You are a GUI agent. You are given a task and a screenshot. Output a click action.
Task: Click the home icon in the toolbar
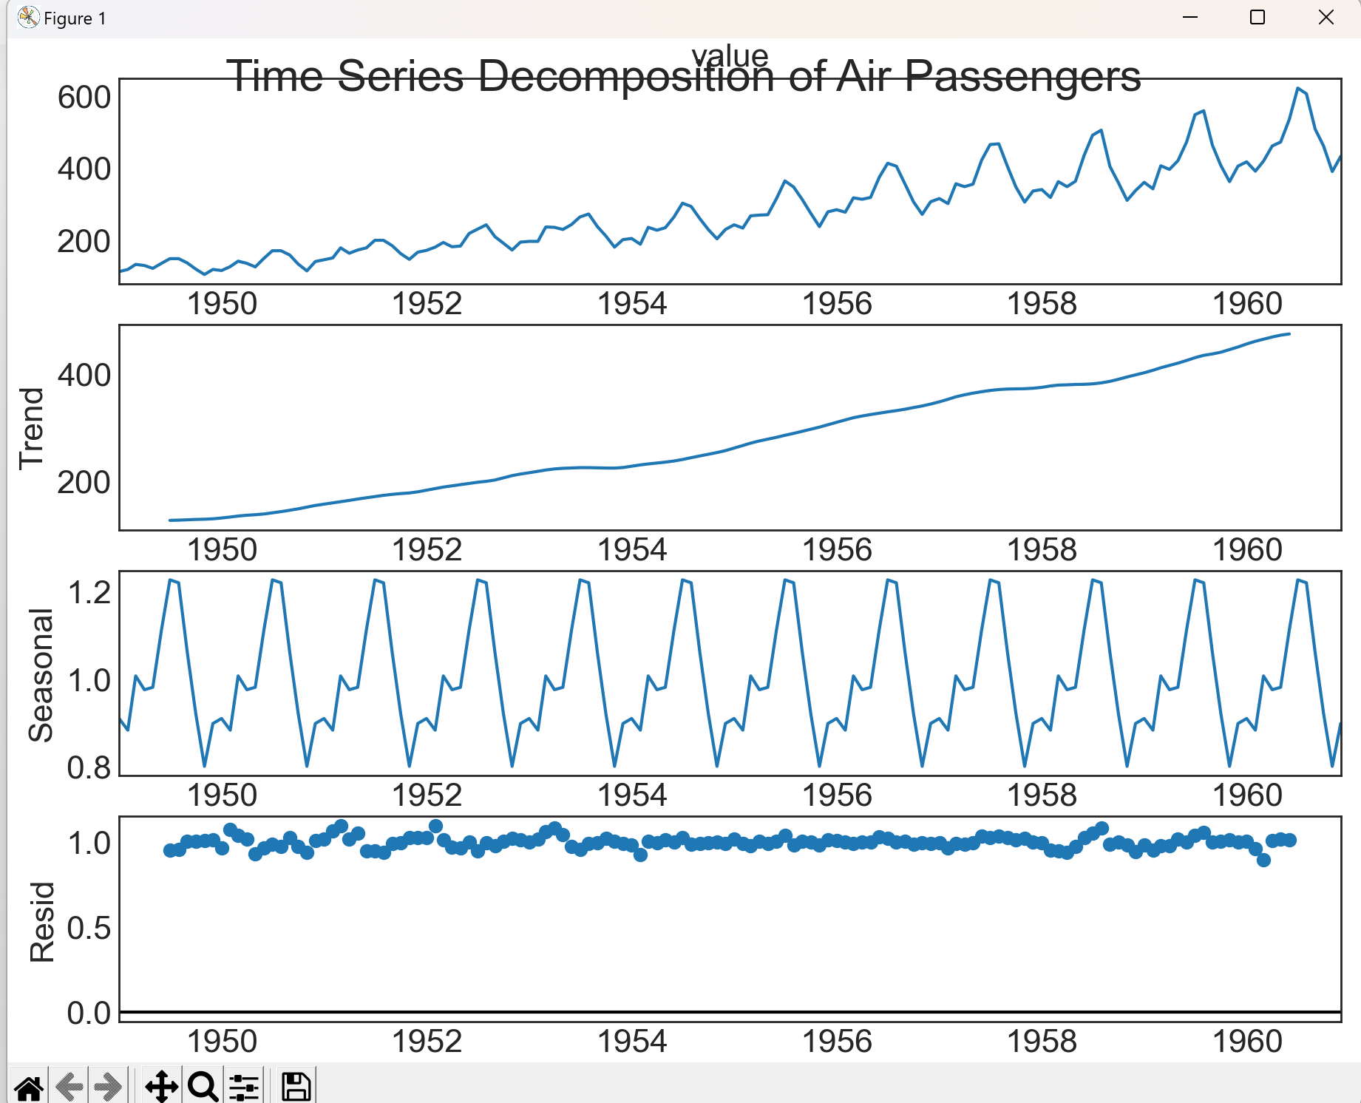(29, 1086)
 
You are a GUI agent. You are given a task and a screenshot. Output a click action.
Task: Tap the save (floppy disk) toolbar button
(296, 1086)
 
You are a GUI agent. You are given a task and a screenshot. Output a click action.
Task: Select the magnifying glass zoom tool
(203, 1086)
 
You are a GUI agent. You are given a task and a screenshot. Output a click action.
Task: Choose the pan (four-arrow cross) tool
(161, 1086)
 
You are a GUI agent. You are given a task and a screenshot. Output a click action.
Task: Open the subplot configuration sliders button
(244, 1086)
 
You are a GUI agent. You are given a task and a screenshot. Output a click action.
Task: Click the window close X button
(1326, 18)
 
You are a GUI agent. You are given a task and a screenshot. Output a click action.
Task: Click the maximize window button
(1257, 18)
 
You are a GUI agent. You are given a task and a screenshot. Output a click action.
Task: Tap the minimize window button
(1190, 18)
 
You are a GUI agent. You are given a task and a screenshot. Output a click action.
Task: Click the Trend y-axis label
(32, 428)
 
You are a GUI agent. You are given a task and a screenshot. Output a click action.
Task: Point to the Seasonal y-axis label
(41, 674)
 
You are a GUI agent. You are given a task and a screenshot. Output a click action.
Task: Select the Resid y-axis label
(41, 921)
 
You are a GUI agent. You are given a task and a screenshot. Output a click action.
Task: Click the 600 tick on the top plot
(84, 98)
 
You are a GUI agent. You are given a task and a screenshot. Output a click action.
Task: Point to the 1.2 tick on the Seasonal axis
(89, 593)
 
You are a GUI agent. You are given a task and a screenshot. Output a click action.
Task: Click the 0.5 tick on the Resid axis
(89, 929)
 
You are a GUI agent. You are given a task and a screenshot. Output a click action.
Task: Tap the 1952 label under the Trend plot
(427, 550)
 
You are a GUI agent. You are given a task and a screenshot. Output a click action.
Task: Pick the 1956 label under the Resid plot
(837, 1042)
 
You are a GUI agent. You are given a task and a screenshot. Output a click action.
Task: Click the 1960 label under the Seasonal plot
(1247, 795)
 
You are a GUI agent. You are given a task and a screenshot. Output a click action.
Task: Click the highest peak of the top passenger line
(1298, 89)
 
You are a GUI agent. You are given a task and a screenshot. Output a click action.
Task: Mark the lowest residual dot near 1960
(1263, 860)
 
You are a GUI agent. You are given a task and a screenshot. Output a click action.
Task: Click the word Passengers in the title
(1022, 76)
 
